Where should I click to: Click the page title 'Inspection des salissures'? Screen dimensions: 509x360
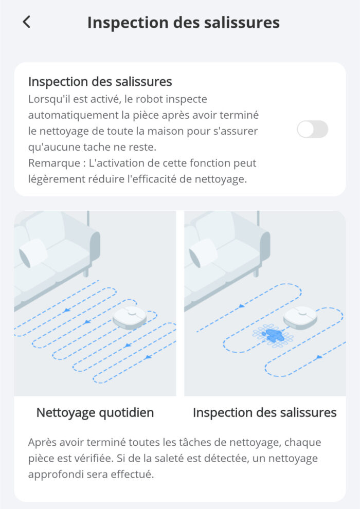183,23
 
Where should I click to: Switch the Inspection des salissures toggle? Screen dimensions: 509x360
312,129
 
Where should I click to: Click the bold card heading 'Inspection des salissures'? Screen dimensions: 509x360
100,82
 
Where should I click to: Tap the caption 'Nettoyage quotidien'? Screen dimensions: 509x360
95,412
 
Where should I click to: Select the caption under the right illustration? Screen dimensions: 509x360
264,412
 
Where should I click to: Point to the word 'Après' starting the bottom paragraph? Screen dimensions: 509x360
42,442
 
